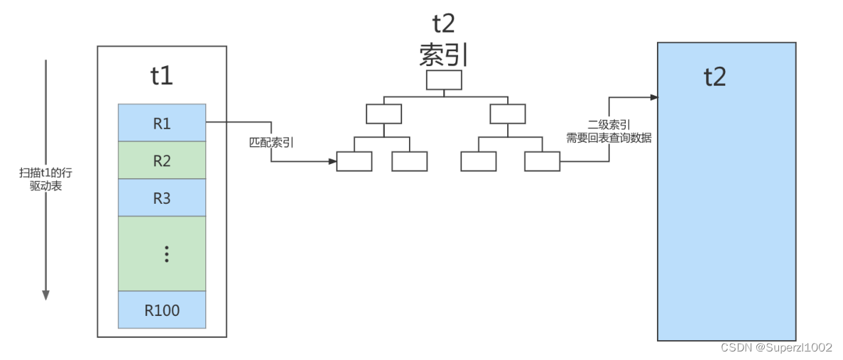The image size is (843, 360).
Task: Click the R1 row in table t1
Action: pos(162,123)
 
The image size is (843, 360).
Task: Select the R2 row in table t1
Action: pos(162,160)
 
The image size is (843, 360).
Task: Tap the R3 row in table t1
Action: pos(162,198)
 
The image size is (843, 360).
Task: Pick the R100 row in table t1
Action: pos(162,310)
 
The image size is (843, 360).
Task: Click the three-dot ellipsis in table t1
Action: pos(166,253)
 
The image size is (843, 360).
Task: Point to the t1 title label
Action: pos(162,75)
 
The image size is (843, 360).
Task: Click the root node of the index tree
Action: pos(444,80)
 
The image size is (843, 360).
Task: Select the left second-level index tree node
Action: pos(384,114)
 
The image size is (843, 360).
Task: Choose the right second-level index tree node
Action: pos(508,114)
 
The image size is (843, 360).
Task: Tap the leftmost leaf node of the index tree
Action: pos(354,162)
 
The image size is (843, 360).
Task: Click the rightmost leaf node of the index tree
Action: pos(543,162)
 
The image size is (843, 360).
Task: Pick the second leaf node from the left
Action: pos(410,162)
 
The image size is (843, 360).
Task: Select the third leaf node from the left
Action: pos(479,162)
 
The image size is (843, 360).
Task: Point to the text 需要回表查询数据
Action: pos(609,138)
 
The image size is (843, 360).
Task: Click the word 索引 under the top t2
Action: pos(444,55)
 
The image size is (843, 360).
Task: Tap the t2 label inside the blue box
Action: pos(715,77)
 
